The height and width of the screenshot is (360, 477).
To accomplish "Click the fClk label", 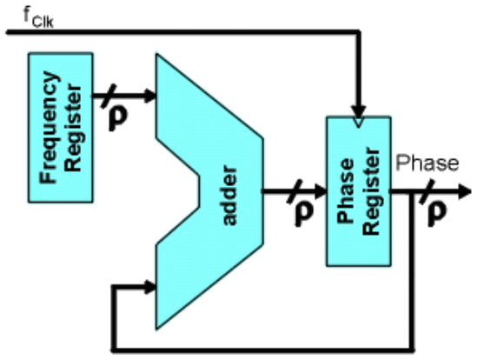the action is click(39, 17).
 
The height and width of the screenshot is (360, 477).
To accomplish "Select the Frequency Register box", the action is click(61, 127).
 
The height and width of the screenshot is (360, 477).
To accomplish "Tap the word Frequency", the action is click(49, 127).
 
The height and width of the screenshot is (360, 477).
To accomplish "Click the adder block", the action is click(209, 192).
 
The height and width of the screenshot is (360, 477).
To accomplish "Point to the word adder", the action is click(229, 196).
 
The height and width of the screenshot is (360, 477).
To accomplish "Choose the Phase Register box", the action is click(359, 191).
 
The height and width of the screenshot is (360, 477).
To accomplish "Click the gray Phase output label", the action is click(427, 163).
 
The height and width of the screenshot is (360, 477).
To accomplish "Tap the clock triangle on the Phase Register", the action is click(359, 122).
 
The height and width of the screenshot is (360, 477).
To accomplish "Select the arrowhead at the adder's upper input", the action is click(149, 96).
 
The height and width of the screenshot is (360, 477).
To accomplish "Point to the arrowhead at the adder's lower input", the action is click(149, 287).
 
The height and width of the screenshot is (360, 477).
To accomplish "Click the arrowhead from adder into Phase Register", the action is click(321, 191).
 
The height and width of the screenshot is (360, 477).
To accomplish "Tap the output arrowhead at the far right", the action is click(465, 192).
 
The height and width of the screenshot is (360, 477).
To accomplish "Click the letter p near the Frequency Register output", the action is click(118, 119).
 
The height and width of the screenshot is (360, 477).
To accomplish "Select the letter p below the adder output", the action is click(303, 215).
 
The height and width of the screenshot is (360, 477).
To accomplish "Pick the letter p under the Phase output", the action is click(437, 215).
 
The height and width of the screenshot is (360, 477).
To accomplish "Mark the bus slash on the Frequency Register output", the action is click(109, 96).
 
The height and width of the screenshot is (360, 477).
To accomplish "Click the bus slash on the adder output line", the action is click(295, 191).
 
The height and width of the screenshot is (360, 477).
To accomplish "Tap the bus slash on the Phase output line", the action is click(427, 192).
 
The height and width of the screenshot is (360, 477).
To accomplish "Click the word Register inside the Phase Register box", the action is click(371, 191).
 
